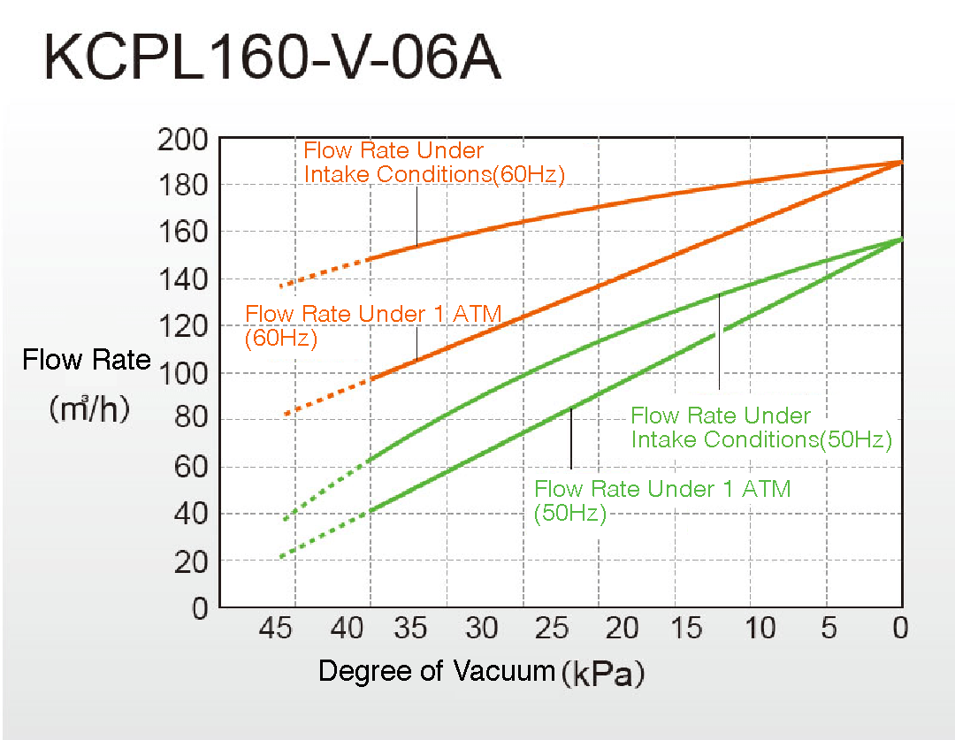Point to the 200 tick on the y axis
pyautogui.click(x=182, y=139)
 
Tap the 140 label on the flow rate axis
pyautogui.click(x=182, y=279)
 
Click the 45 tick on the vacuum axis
pyautogui.click(x=275, y=629)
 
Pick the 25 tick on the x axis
pyautogui.click(x=552, y=629)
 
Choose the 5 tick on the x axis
pyautogui.click(x=828, y=629)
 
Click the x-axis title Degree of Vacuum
pyautogui.click(x=435, y=671)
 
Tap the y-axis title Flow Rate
pyautogui.click(x=87, y=361)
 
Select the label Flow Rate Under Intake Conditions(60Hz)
pyautogui.click(x=433, y=163)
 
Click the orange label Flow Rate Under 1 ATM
pyautogui.click(x=373, y=315)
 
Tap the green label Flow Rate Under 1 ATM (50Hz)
pyautogui.click(x=662, y=500)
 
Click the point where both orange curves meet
pyautogui.click(x=900, y=163)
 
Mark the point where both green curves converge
pyautogui.click(x=900, y=240)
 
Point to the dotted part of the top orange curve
pyautogui.click(x=323, y=271)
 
